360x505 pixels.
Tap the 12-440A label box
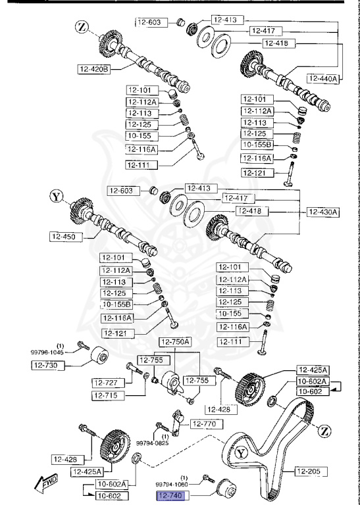coord(323,78)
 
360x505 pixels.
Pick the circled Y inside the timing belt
coord(242,453)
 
